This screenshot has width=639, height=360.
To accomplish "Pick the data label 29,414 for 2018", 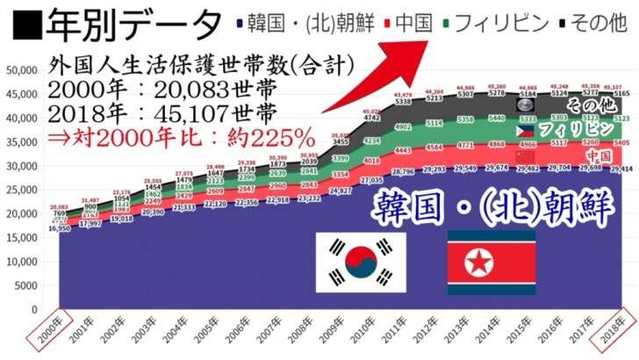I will tap(621, 169).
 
